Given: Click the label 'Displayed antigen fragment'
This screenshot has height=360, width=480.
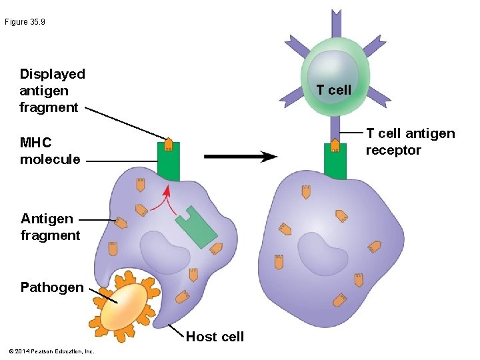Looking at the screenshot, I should coord(52,91).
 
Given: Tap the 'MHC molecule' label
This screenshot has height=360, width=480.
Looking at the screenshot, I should coord(50,151).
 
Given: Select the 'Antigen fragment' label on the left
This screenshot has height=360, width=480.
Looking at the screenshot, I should coord(50,227).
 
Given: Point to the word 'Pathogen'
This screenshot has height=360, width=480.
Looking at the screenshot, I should coord(52,287).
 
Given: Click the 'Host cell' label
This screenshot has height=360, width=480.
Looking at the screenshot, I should coord(215,337).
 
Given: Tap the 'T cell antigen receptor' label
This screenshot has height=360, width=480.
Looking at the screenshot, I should coord(410,142).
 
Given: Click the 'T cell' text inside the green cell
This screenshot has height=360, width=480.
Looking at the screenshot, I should coord(333,90).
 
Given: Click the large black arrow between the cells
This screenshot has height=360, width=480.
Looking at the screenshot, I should coord(240,157).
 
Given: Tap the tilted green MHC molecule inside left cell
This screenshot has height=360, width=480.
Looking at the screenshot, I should coord(196,227).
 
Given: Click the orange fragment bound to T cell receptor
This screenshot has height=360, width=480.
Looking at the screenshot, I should coord(335,145).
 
